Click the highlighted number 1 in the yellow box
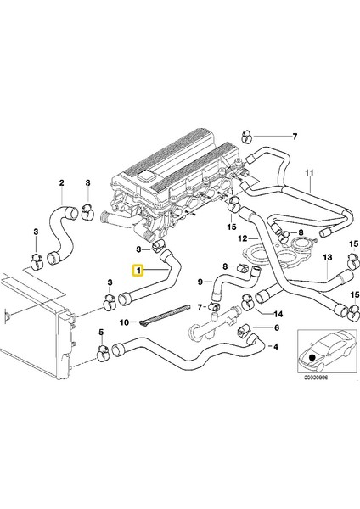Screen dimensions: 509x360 [137, 271]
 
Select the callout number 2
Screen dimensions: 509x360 [61, 182]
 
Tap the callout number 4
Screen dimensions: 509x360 [273, 346]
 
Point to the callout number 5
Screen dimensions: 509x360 [102, 332]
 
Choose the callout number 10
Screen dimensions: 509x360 [122, 322]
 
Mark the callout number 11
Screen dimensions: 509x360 [311, 181]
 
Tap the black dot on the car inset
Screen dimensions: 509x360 [313, 357]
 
